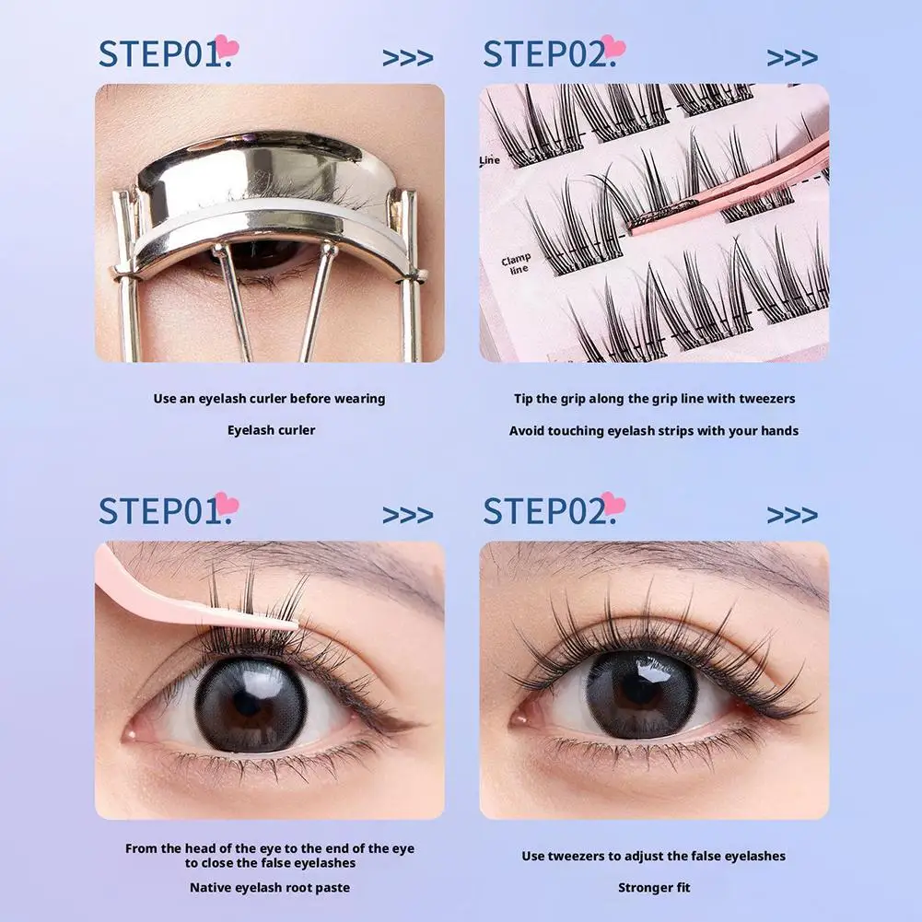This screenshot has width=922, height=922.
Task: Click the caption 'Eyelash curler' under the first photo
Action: [271, 430]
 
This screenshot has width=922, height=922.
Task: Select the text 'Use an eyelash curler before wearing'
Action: [269, 399]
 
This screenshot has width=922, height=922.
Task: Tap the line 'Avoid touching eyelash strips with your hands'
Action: [654, 430]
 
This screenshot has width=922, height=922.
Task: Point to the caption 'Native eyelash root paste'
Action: [269, 888]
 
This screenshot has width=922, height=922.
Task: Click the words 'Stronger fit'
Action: [654, 888]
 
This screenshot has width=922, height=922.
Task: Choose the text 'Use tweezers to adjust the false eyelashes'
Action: [654, 856]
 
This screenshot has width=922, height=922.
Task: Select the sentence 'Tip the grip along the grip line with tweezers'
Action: [654, 399]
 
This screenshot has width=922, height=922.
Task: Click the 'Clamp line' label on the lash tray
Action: [516, 265]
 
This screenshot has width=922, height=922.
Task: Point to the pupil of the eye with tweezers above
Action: [250, 704]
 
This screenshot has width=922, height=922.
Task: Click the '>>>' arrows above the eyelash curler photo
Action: [407, 58]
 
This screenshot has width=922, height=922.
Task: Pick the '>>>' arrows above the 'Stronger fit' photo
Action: [792, 514]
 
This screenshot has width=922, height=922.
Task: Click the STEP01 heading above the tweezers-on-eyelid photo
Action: [161, 511]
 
